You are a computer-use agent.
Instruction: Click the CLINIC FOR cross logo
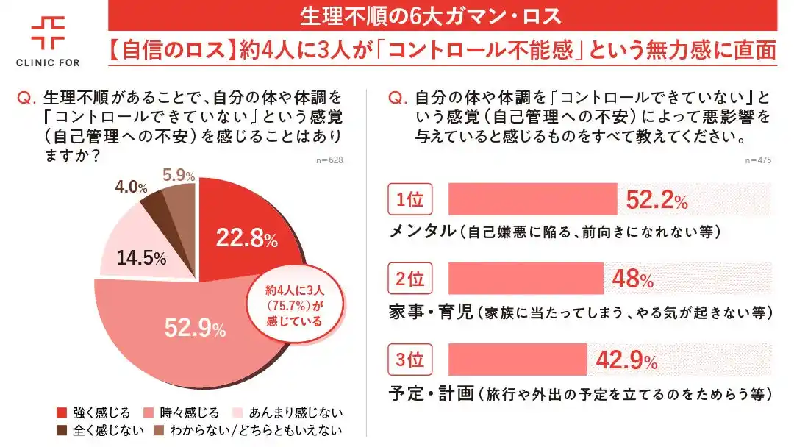(48, 32)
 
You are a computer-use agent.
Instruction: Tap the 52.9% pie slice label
(195, 329)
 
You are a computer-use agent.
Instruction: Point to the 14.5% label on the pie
(141, 259)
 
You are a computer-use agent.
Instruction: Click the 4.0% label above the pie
(131, 187)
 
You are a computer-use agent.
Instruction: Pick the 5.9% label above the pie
(179, 176)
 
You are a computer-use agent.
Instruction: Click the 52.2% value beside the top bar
(657, 200)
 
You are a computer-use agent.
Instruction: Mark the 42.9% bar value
(627, 360)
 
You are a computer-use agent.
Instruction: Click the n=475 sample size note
(758, 160)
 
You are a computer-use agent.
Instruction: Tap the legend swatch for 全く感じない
(62, 429)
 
